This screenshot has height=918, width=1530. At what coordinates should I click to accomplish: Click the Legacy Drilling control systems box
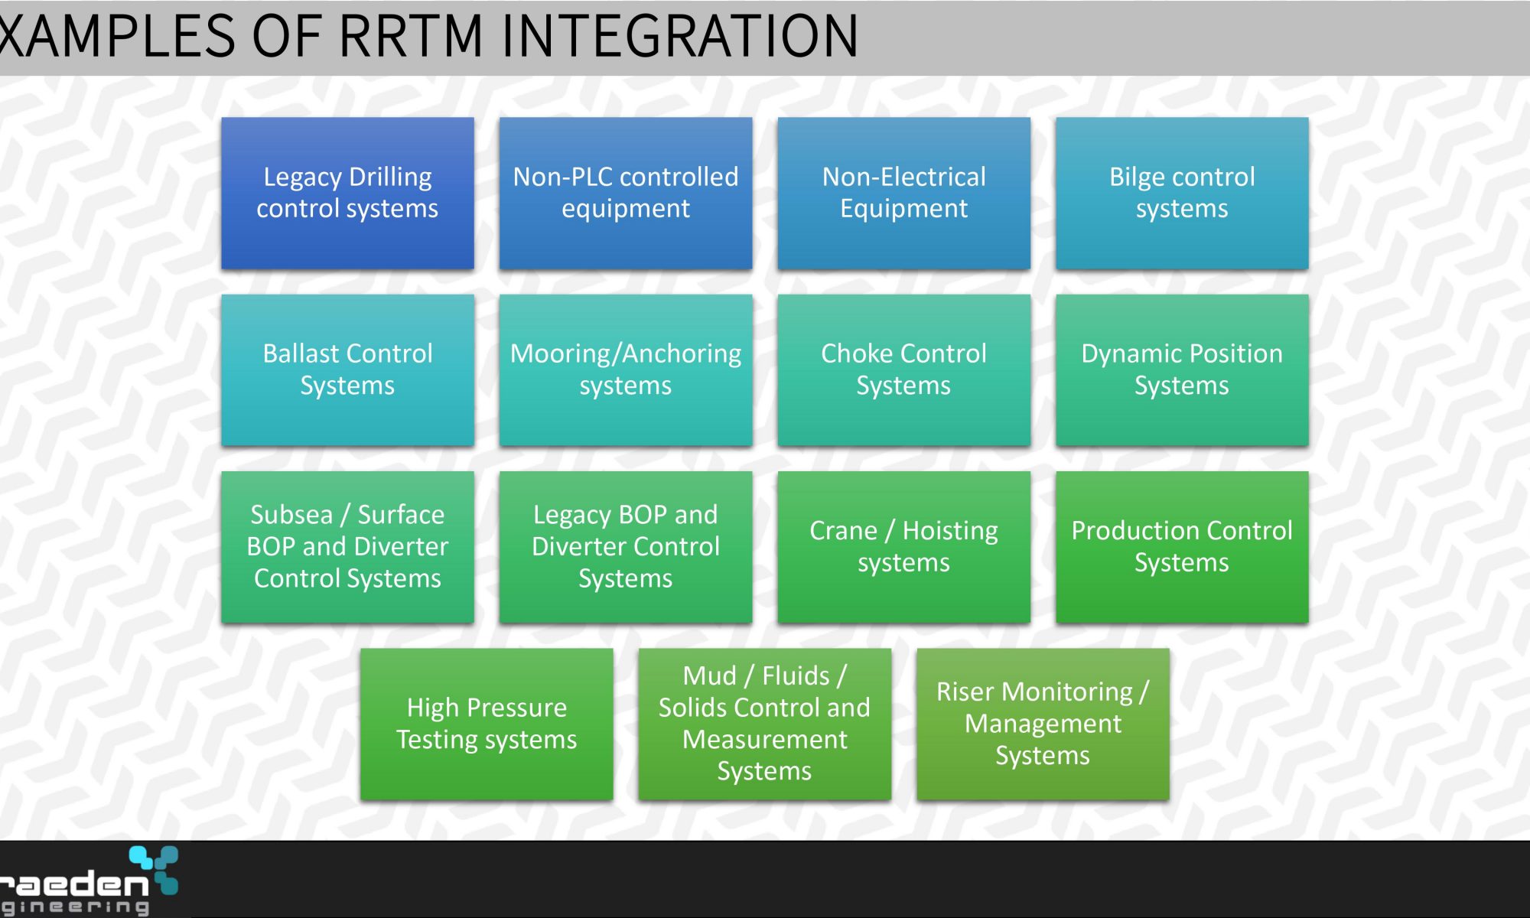point(347,193)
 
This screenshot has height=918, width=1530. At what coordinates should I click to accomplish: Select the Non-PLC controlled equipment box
point(626,193)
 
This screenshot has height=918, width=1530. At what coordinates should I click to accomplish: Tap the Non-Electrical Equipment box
point(903,193)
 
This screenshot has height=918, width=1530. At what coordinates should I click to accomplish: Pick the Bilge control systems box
point(1182,193)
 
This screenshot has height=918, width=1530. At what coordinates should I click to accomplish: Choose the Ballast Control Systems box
point(347,370)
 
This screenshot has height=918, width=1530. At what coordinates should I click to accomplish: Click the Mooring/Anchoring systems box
point(626,370)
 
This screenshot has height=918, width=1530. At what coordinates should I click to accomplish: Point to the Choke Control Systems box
point(903,370)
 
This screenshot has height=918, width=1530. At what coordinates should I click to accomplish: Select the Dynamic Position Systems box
point(1182,370)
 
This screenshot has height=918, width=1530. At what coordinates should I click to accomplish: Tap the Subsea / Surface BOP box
point(347,547)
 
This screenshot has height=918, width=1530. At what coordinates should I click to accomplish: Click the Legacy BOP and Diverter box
point(626,547)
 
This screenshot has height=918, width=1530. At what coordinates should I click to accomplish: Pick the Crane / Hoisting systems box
point(903,547)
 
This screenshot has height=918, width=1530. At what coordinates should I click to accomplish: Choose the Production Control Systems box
point(1182,547)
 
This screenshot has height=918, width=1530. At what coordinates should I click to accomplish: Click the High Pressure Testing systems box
point(487,724)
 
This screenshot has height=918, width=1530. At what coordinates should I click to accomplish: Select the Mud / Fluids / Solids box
point(764,724)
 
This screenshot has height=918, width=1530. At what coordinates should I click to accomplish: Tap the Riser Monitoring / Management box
point(1043,724)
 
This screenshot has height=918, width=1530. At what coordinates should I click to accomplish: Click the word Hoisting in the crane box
point(950,531)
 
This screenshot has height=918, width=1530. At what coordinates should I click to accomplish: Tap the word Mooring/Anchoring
point(626,354)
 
